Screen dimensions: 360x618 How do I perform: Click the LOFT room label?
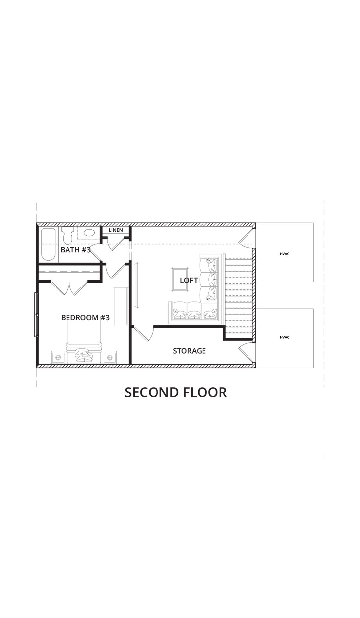point(189,280)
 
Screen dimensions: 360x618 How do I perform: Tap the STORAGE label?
point(189,351)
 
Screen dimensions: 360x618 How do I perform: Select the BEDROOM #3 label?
point(85,318)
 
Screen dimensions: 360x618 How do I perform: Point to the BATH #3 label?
point(75,250)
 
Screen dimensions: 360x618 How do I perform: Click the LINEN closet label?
point(116,230)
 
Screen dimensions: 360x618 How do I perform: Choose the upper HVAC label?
point(285,254)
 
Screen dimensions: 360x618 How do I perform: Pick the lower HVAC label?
point(285,337)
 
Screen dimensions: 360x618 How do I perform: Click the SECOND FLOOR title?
point(176,392)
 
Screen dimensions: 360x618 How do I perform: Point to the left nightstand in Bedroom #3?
point(59,357)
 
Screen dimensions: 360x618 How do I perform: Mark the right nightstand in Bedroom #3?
point(110,357)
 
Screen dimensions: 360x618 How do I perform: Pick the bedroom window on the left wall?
point(37,315)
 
